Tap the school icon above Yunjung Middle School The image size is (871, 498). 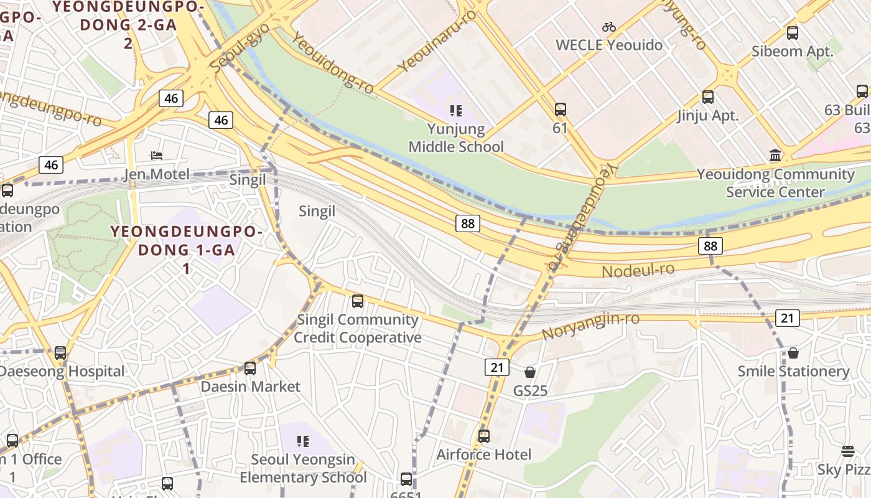(x=455, y=111)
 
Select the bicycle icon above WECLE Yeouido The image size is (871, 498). (x=608, y=27)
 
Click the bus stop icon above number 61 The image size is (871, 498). (x=560, y=110)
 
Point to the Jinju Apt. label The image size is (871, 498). (x=708, y=115)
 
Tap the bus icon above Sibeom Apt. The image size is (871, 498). (x=792, y=33)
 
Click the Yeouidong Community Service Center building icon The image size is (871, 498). (x=775, y=155)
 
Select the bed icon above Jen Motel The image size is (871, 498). (x=157, y=155)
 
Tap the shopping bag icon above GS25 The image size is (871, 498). (x=529, y=372)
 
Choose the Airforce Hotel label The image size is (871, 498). (x=483, y=454)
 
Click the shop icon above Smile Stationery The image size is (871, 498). (x=793, y=353)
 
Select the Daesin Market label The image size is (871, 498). (x=250, y=387)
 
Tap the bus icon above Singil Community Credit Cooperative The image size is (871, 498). (x=357, y=301)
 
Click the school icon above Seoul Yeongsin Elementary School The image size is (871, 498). (x=303, y=441)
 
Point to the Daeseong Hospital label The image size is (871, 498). (x=62, y=372)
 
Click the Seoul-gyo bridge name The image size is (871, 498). (x=240, y=47)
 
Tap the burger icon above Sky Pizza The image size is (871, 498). (x=847, y=451)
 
